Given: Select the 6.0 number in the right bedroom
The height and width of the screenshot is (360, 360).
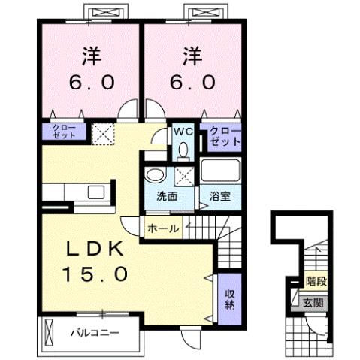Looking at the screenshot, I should (x=192, y=80).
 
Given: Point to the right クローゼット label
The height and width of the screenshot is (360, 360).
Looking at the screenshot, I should (x=226, y=137).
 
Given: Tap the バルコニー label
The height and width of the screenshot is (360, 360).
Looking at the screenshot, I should (x=95, y=331).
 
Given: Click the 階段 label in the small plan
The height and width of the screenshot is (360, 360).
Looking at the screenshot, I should (x=316, y=283).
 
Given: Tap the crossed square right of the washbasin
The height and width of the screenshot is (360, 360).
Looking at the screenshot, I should (x=183, y=176).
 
